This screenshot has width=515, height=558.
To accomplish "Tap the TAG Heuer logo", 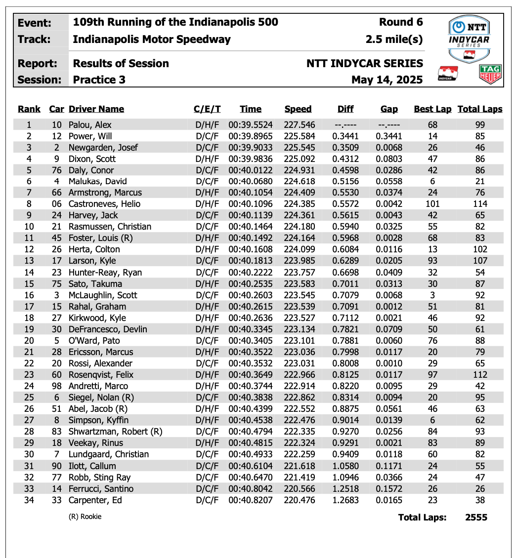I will (x=490, y=74).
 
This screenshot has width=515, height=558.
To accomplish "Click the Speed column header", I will (x=298, y=109).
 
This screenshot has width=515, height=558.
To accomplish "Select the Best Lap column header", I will (x=432, y=109).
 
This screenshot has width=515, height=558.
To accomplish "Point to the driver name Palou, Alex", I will (x=90, y=124).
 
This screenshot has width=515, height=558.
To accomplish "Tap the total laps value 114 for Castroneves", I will (x=479, y=204).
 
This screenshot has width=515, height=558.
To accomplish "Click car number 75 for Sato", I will (x=57, y=283).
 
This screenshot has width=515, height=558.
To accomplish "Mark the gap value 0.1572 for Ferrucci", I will (x=389, y=488).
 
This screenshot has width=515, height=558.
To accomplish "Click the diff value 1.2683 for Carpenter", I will (x=345, y=500).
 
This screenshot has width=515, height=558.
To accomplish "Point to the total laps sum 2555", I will (x=476, y=517).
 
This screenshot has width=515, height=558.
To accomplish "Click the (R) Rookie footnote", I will (x=85, y=517).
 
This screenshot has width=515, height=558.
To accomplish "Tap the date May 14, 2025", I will (x=387, y=80).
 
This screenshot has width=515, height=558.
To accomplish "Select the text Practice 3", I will (x=99, y=80).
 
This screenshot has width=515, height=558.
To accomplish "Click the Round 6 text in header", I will (x=401, y=22).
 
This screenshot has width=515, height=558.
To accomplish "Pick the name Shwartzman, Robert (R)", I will (x=115, y=432).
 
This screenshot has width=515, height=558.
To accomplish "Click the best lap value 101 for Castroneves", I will (x=432, y=204).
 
